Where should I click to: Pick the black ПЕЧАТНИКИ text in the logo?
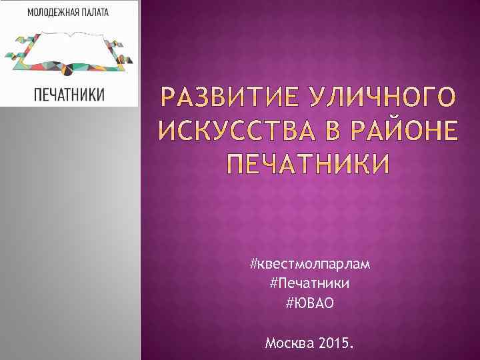click(x=69, y=94)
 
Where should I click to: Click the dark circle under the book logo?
click(x=69, y=66)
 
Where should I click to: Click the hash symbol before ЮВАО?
click(x=289, y=304)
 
